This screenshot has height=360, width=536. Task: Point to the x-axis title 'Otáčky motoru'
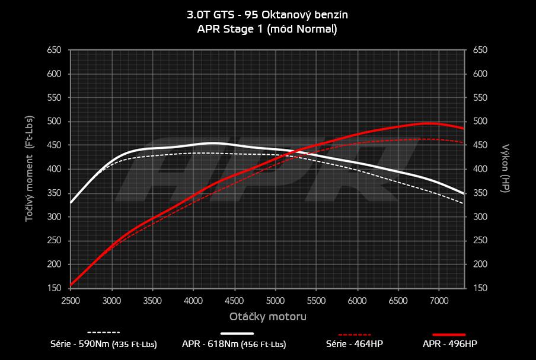tap(268, 317)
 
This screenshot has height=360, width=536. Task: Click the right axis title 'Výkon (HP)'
tap(506, 169)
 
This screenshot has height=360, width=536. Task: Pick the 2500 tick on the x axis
tap(71, 300)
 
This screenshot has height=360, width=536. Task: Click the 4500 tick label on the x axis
tap(235, 300)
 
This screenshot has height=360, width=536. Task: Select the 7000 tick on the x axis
tap(438, 300)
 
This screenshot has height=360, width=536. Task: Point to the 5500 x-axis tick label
tap(317, 300)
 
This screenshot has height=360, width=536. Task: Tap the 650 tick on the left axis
tap(54, 50)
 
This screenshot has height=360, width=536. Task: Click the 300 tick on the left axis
tap(54, 217)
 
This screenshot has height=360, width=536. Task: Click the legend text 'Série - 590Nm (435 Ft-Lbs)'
tap(104, 344)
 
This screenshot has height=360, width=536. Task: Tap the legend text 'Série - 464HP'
tap(354, 344)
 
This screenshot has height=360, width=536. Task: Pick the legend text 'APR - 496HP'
tap(449, 344)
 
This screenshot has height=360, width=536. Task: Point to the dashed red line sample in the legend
tap(354, 333)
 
